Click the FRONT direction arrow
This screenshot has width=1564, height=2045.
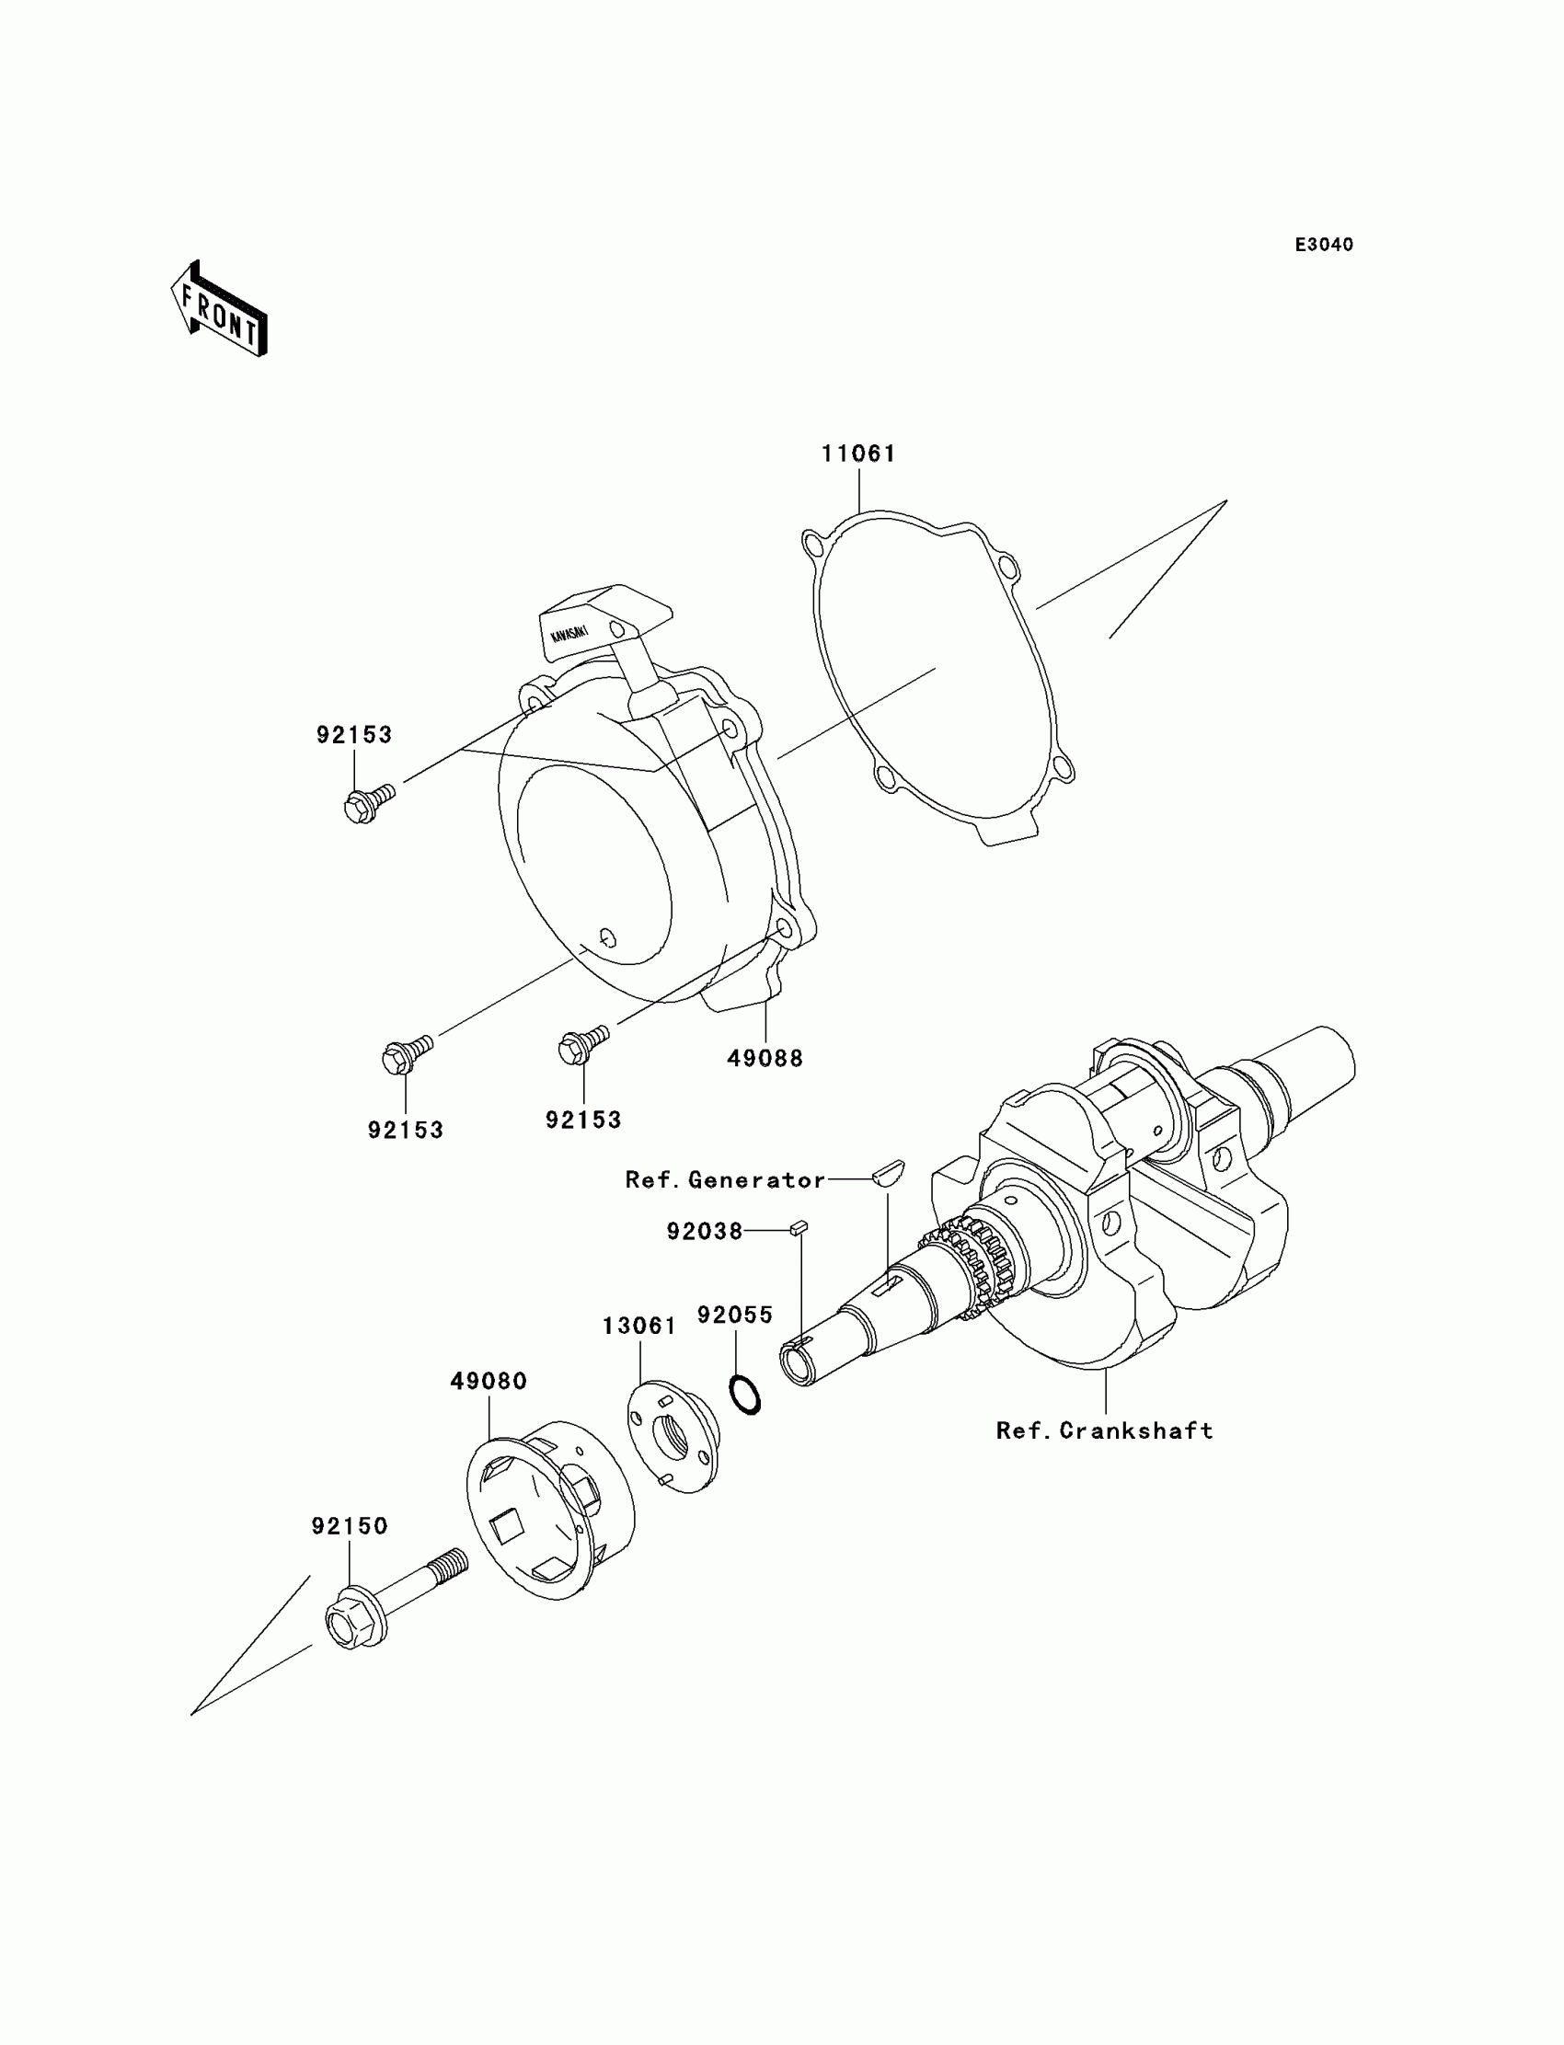coord(219,311)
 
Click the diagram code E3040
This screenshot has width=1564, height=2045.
coord(1324,245)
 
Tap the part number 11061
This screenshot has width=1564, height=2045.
coord(858,454)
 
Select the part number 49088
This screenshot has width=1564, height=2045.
coord(765,1058)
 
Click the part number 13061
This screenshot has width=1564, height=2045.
coord(639,1326)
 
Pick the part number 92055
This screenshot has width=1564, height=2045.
coord(735,1315)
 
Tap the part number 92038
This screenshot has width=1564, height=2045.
coord(705,1232)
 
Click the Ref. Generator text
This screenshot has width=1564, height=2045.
coord(725,1180)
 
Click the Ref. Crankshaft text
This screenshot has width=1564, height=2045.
coord(1104,1430)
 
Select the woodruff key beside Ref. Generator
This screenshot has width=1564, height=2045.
coord(888,1171)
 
